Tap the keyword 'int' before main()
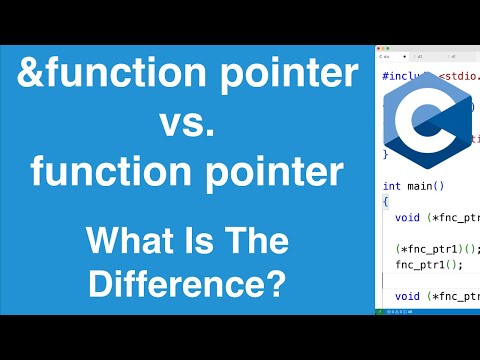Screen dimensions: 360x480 click(392, 186)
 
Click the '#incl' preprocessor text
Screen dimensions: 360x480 click(399, 76)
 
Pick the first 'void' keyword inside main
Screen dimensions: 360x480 click(409, 217)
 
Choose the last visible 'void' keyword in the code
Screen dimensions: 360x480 click(409, 297)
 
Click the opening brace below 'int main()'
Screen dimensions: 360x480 click(386, 201)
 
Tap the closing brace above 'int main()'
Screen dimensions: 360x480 click(386, 155)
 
